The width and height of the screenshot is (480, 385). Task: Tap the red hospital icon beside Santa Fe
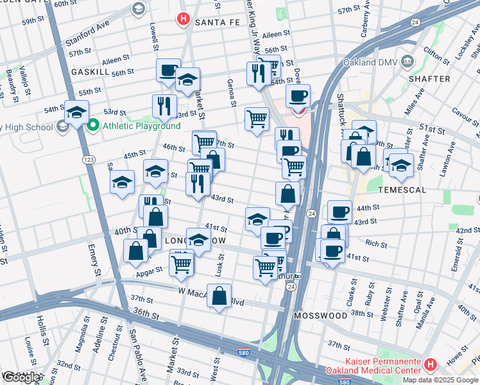pos(183,21)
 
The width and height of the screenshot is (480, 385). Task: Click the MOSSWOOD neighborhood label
pos(320,316)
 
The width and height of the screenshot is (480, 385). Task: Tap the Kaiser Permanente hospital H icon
pos(429,365)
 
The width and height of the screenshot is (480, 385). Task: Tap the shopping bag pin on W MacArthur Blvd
pos(219,296)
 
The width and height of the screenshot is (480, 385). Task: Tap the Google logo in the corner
pos(21,377)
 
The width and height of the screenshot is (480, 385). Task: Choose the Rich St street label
pos(376,244)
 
